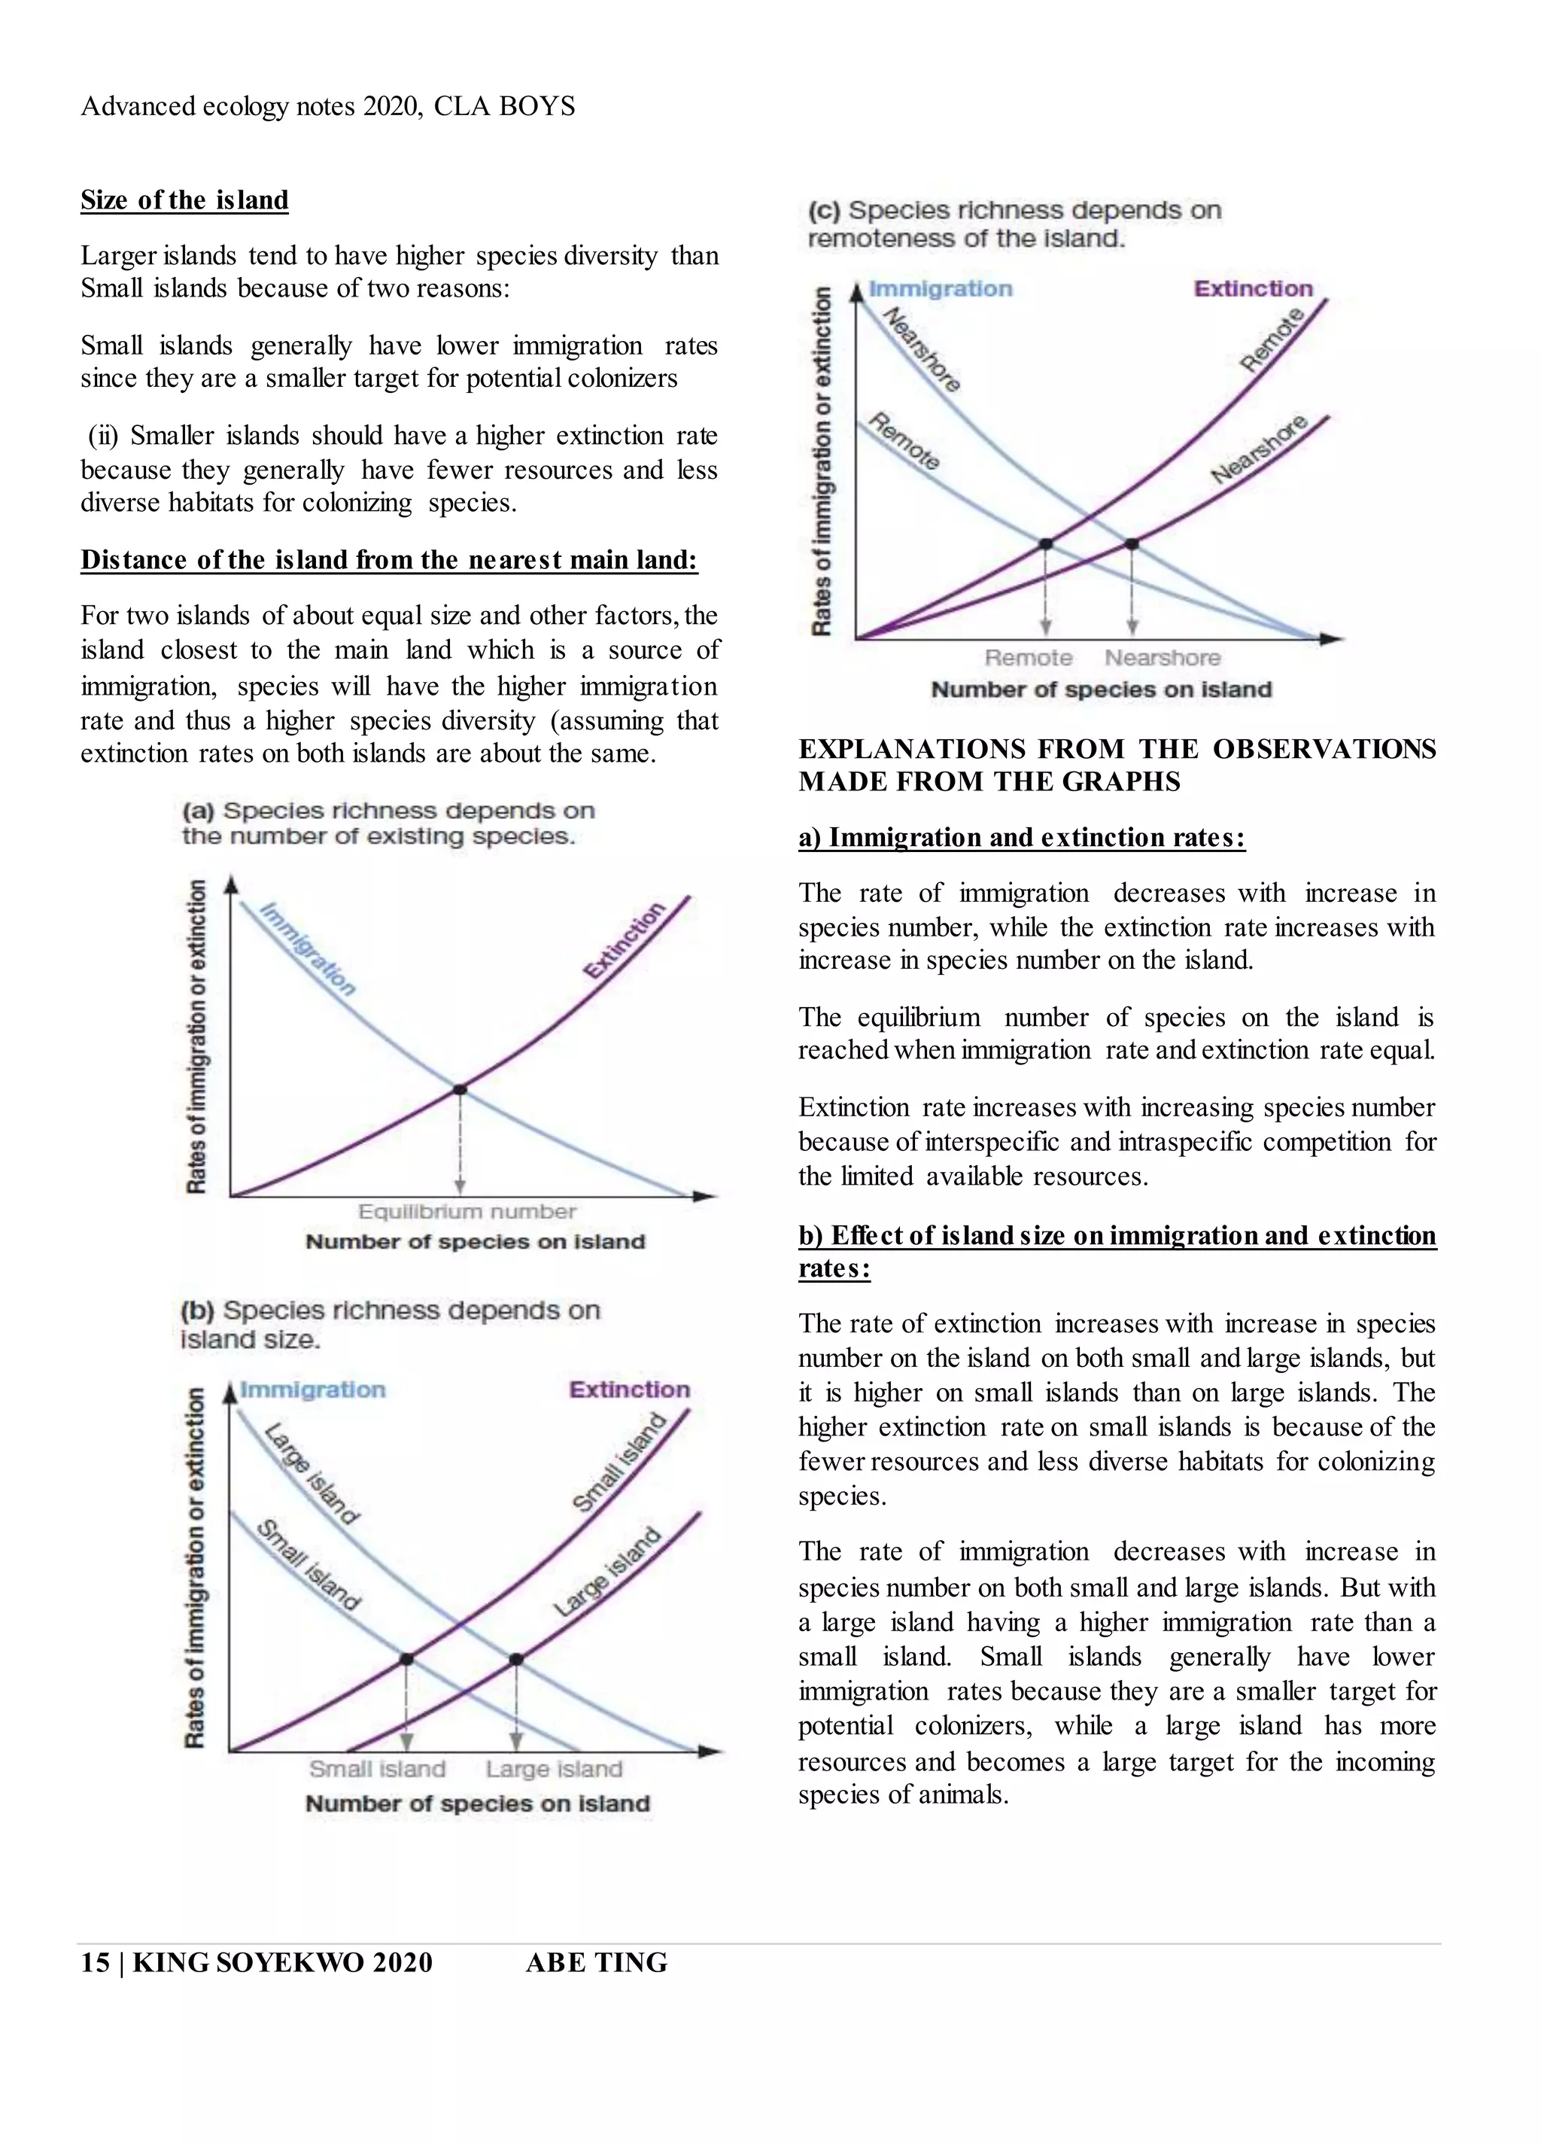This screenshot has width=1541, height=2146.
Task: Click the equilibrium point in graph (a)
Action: (x=460, y=1090)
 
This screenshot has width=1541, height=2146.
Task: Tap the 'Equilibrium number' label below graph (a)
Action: (x=467, y=1212)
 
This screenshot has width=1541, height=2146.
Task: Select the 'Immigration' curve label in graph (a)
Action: (x=309, y=949)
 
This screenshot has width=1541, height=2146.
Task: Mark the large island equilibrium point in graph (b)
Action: (x=515, y=1660)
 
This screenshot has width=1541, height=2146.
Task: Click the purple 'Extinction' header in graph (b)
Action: (x=629, y=1390)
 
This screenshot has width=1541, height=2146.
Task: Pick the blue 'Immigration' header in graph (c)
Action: (x=941, y=288)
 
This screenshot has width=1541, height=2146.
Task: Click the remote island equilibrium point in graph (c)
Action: (x=1046, y=544)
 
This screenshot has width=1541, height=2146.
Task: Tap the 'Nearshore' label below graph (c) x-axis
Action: (x=1163, y=658)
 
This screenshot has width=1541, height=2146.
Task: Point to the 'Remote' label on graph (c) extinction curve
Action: (x=1272, y=339)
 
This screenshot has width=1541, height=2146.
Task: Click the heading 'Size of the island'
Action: (x=184, y=200)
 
